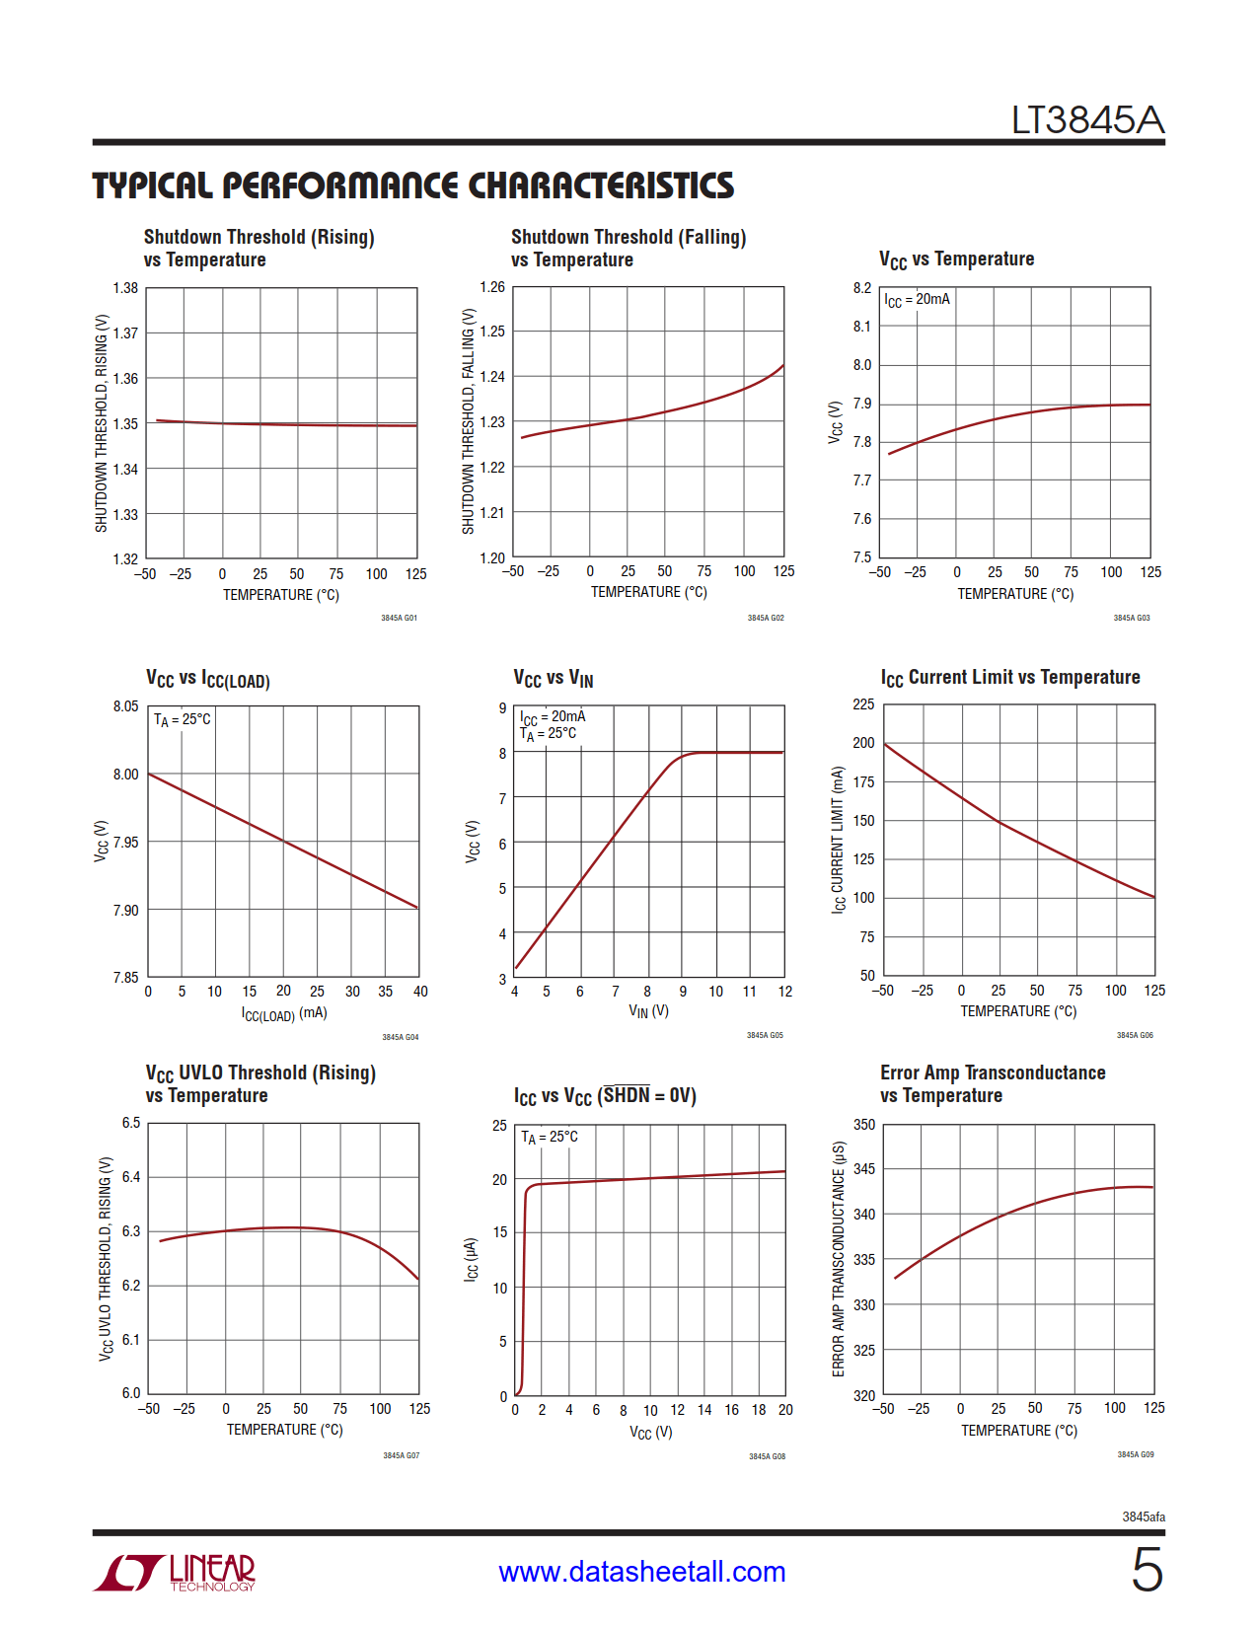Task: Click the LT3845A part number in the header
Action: [x=1087, y=120]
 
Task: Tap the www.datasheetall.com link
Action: [x=641, y=1572]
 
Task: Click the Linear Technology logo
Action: [x=175, y=1572]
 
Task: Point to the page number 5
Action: [x=1147, y=1570]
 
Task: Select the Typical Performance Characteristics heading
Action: [x=412, y=185]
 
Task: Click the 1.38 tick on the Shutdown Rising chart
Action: [x=125, y=288]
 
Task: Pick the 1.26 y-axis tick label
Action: [x=492, y=287]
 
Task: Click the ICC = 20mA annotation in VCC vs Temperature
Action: [x=917, y=299]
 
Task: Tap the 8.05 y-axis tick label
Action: [x=125, y=706]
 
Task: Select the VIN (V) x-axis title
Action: [x=648, y=1011]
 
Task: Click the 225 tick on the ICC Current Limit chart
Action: [x=863, y=704]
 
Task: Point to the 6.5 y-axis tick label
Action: [x=131, y=1123]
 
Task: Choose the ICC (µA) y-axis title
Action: [x=472, y=1260]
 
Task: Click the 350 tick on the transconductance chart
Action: [x=863, y=1125]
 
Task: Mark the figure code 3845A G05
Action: [x=765, y=1035]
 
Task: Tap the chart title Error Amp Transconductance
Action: [x=992, y=1073]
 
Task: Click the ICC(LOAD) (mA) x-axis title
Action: [x=284, y=1013]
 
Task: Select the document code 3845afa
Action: [x=1143, y=1517]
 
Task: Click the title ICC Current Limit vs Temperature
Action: [x=1009, y=678]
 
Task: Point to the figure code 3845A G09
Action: [x=1135, y=1454]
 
